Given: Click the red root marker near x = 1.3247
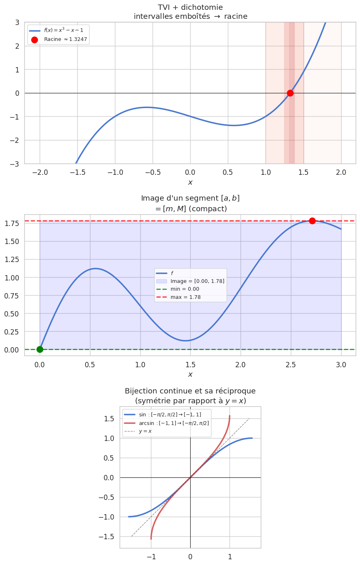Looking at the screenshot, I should point(290,93).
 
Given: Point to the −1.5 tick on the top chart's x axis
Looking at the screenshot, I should point(77,172).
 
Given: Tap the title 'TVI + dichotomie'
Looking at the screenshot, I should point(190,7).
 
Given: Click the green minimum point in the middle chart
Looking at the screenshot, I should point(40,349).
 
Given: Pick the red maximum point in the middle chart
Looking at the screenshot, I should point(312,221).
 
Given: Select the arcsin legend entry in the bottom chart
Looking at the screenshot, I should point(174,423).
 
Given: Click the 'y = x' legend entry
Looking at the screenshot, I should point(145,431).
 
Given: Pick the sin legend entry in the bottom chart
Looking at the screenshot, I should point(170,415).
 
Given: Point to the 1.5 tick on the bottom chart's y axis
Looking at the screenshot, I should point(108,418).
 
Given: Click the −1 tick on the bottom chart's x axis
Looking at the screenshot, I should point(151,556).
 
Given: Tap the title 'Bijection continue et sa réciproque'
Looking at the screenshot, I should point(190,391).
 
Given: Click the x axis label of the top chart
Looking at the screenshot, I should point(190,182).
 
